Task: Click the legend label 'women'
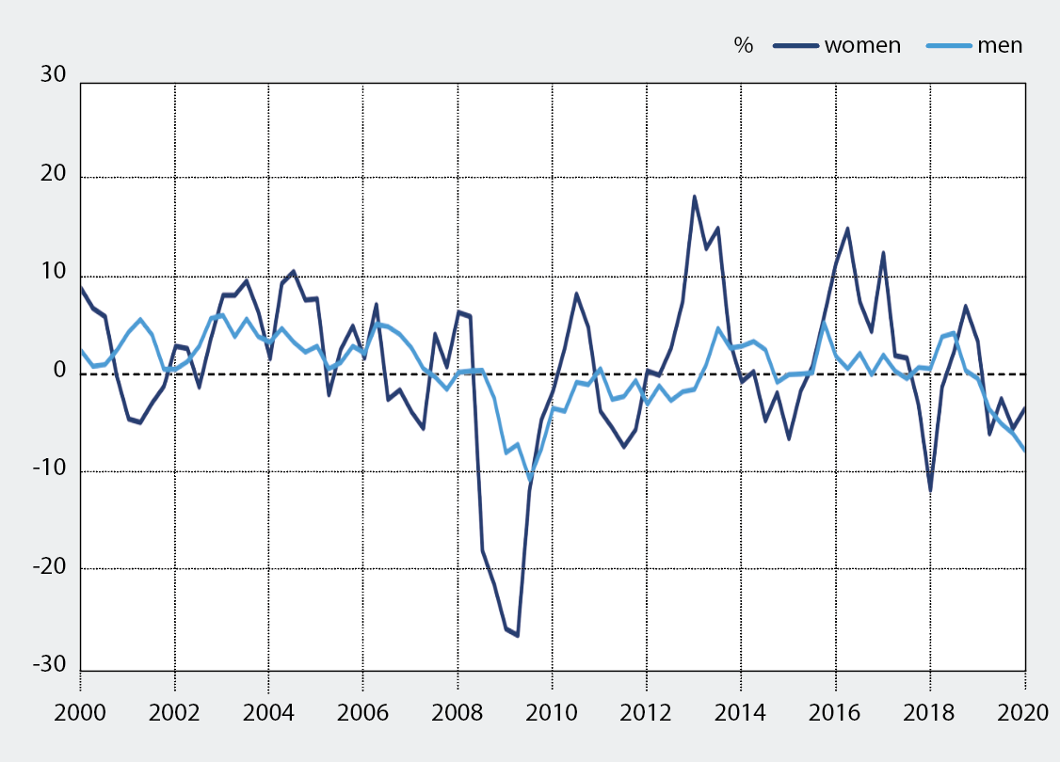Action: tap(862, 45)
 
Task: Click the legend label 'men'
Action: tap(1000, 45)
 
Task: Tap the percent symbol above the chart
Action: tap(744, 45)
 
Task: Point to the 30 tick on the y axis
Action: tap(52, 75)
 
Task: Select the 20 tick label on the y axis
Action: tap(52, 174)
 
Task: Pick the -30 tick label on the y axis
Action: tap(47, 665)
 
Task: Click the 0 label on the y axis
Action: tap(59, 371)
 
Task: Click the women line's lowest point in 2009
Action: tap(517, 636)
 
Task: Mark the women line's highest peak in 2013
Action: tap(695, 197)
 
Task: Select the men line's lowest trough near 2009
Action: tap(530, 478)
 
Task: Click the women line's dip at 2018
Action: tap(930, 489)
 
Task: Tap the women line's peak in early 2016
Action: tap(847, 229)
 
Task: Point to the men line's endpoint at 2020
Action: tap(1024, 450)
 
